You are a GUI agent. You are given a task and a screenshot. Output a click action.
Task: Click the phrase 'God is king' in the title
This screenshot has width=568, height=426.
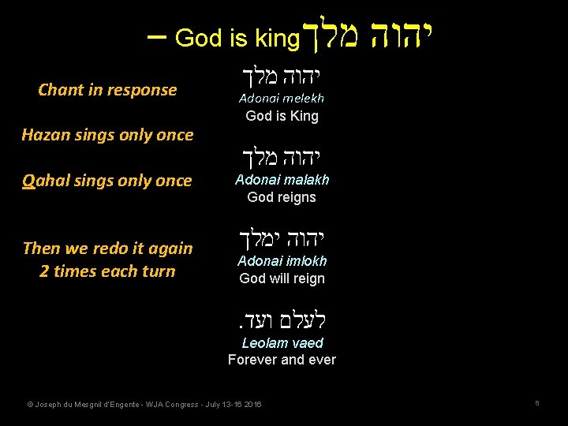[x=237, y=38]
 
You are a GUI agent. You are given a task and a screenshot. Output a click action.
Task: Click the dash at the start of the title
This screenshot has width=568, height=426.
[x=156, y=37]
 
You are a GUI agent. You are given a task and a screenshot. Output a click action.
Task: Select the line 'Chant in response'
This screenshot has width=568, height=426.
[x=107, y=90]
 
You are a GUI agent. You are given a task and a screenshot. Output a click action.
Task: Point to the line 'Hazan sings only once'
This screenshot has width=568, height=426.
[x=107, y=135]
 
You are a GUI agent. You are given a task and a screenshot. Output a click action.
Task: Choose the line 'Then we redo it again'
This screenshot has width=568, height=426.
[x=107, y=248]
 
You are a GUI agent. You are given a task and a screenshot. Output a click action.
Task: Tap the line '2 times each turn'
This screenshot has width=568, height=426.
[x=107, y=271]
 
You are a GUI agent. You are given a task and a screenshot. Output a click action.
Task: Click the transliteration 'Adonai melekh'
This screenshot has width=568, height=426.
[x=282, y=99]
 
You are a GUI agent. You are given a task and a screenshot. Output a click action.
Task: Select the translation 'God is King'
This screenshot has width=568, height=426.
[x=282, y=116]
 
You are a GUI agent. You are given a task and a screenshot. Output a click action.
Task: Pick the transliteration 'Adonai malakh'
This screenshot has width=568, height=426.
[x=282, y=180]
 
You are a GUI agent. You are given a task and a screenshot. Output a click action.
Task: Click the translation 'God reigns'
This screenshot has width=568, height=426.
[x=282, y=197]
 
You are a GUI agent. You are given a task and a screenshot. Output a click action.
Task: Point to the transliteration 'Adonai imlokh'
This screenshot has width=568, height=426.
[x=282, y=261]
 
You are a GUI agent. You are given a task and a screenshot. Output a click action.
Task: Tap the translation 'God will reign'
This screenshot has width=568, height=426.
[x=282, y=278]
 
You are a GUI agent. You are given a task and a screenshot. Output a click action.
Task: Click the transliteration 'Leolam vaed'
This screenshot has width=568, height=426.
[x=282, y=343]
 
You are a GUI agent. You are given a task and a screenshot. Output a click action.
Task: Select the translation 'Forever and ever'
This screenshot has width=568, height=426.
[x=282, y=360]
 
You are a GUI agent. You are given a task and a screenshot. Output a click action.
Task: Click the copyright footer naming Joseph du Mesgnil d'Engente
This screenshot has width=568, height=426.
[x=144, y=405]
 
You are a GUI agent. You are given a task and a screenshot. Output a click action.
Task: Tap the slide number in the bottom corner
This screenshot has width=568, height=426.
[x=536, y=403]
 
